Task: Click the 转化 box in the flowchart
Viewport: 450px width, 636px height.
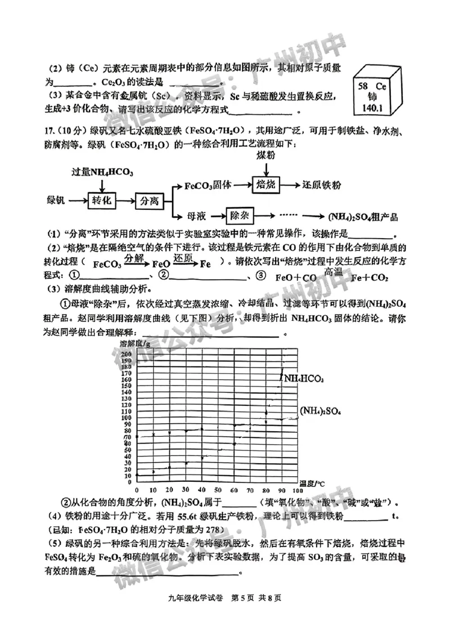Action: click(x=103, y=199)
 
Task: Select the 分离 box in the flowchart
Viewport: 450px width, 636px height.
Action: click(x=148, y=200)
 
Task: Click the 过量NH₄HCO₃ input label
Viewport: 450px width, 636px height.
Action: click(x=102, y=172)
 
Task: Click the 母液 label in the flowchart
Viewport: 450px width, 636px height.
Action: click(x=186, y=215)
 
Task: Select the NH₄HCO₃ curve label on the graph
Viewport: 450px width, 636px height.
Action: click(x=304, y=379)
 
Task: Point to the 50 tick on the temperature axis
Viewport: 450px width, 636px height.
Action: click(x=218, y=490)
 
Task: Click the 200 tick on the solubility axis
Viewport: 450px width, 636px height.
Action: click(x=126, y=353)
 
